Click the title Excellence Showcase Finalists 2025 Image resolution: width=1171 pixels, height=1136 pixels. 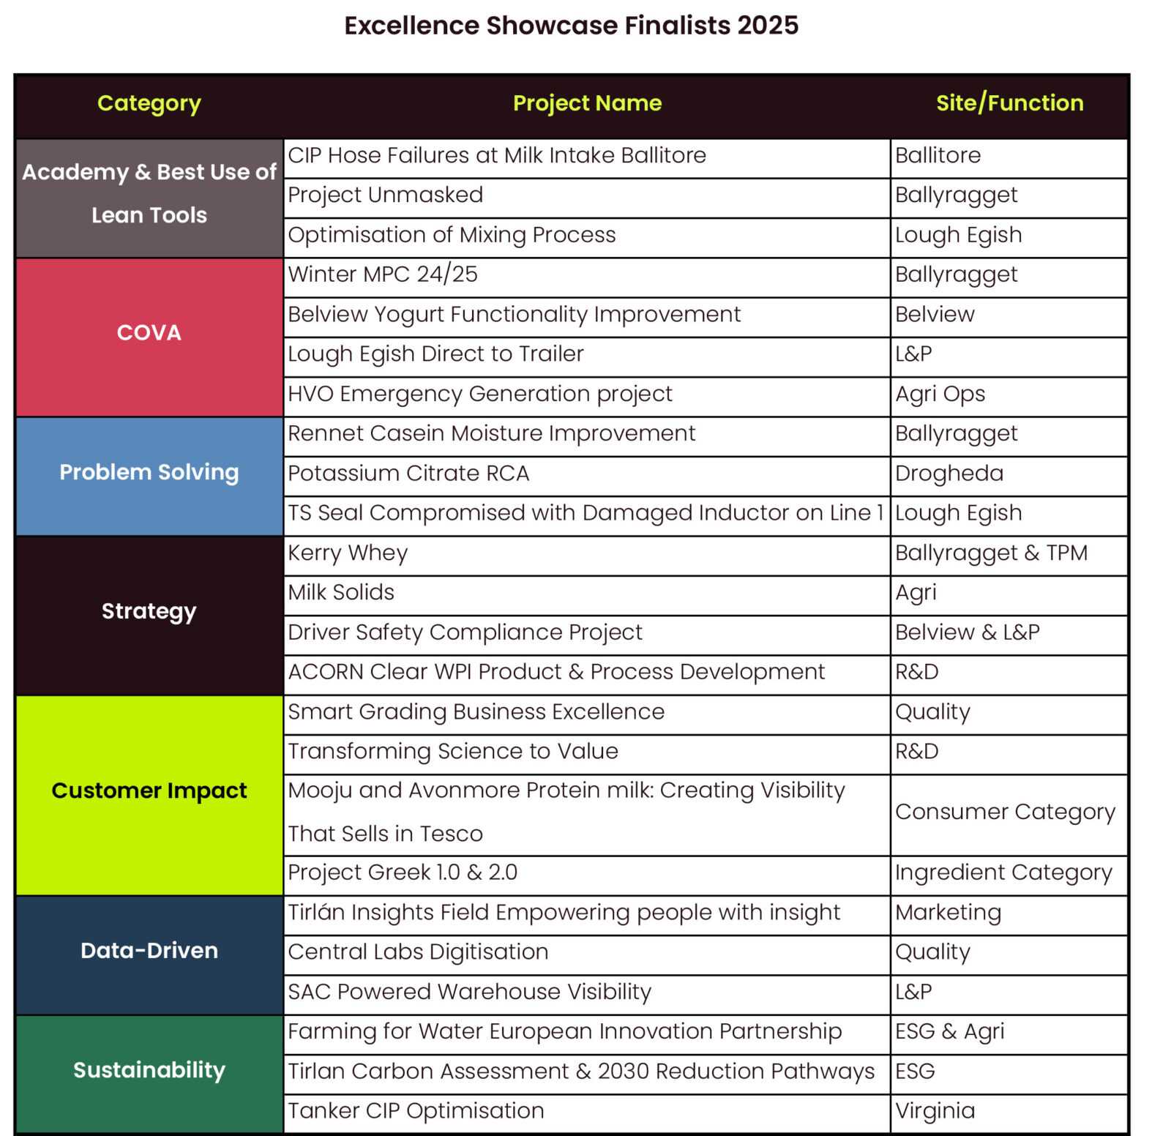tap(571, 26)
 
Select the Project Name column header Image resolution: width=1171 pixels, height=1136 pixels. tap(587, 103)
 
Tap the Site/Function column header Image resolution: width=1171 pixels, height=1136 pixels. tap(1009, 103)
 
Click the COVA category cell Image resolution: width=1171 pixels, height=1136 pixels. tap(149, 333)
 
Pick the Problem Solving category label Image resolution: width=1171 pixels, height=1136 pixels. tap(149, 473)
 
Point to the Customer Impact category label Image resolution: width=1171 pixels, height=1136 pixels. tap(149, 791)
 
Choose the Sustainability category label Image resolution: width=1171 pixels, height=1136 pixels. tap(149, 1070)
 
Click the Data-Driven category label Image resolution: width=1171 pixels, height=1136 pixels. tap(149, 951)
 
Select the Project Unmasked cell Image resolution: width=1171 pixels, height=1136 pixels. tap(386, 195)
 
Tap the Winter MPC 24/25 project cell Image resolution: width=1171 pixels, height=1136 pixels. tap(383, 274)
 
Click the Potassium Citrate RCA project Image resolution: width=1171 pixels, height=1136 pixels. tap(408, 474)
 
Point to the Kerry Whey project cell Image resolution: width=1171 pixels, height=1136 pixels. tap(348, 553)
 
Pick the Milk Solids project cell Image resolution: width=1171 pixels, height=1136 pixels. tap(341, 593)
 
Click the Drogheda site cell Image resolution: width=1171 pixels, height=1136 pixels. tap(949, 474)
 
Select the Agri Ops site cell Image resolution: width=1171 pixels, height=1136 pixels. tap(940, 395)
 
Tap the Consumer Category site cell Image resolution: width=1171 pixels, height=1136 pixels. tap(1005, 812)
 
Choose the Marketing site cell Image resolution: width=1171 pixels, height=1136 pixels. tap(948, 913)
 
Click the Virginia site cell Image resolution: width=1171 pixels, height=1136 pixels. tap(935, 1111)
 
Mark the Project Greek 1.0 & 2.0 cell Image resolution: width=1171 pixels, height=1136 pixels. tap(403, 872)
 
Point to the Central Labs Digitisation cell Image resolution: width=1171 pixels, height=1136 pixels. tap(418, 952)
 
